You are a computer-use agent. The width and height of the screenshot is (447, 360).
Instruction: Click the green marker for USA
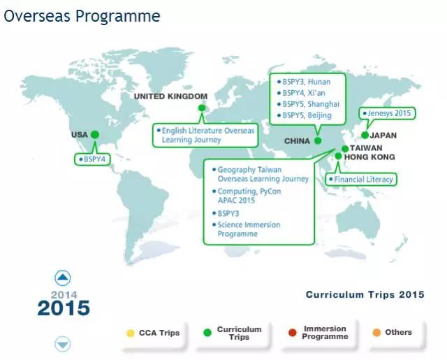95,134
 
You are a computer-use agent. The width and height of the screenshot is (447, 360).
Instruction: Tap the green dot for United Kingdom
202,108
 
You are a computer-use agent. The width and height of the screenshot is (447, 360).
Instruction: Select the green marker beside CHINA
318,141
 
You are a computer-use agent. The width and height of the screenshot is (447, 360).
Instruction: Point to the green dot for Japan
365,135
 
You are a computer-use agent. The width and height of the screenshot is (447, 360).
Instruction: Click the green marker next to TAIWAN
345,149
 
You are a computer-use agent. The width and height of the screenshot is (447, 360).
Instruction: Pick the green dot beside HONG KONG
338,156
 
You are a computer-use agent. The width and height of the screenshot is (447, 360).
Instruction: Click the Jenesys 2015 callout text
389,113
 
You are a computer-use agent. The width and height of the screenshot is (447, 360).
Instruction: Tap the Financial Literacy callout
363,180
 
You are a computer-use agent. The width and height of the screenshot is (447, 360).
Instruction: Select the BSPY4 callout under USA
95,159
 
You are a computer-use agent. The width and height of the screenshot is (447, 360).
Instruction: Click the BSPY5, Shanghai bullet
311,104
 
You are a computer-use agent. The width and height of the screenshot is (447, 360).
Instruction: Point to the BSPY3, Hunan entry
306,82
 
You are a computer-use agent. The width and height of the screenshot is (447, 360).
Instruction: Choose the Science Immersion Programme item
249,229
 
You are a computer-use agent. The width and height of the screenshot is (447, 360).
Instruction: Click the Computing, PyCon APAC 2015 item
249,196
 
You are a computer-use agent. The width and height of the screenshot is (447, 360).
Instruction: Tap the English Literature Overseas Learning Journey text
208,135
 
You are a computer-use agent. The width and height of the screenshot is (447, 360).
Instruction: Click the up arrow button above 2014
63,278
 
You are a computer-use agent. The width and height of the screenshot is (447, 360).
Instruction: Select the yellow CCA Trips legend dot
131,333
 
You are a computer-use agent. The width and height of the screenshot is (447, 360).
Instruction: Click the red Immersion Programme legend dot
293,333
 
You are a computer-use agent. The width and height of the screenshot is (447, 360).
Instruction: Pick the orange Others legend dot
376,332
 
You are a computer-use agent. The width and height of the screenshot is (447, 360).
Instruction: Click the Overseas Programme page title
82,16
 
